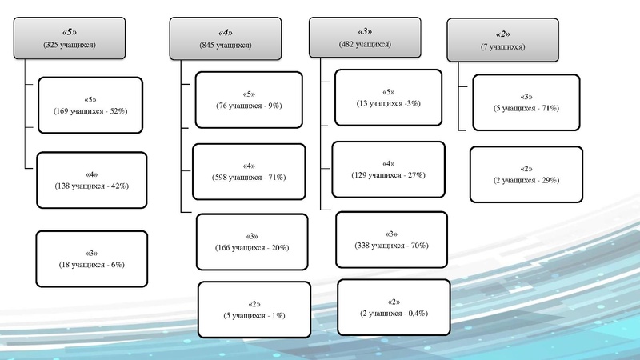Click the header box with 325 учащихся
pos(70,39)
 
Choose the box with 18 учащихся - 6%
pos(93,258)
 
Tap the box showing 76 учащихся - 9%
pos(249,99)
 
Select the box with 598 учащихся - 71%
pos(249,170)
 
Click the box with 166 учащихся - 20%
pos(252,242)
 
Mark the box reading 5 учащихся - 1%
pos(254,310)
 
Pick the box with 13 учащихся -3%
pos(388,98)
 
